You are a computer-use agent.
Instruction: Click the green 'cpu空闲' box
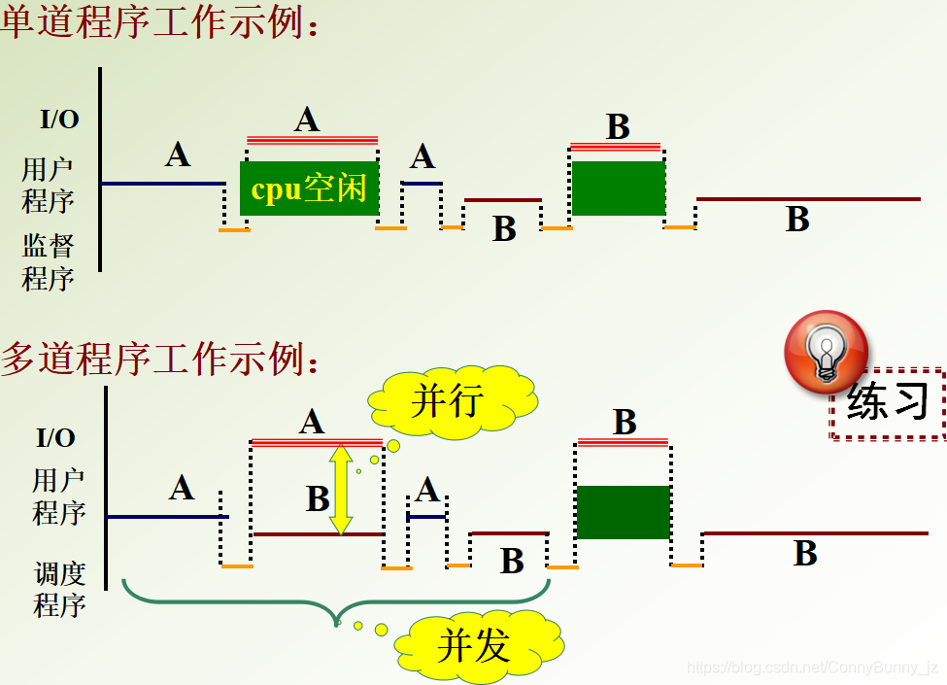pyautogui.click(x=309, y=188)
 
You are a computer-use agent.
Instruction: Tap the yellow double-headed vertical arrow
pyautogui.click(x=340, y=490)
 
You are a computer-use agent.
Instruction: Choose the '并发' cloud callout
pyautogui.click(x=475, y=644)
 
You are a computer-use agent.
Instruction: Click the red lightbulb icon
pyautogui.click(x=826, y=351)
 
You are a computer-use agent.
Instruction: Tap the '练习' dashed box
pyautogui.click(x=888, y=402)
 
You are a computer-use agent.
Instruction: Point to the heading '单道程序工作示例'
pyautogui.click(x=161, y=23)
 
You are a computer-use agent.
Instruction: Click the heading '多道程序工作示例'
pyautogui.click(x=161, y=360)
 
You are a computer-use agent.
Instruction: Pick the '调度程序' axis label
pyautogui.click(x=59, y=590)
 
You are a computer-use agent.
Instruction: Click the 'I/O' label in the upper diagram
pyautogui.click(x=59, y=120)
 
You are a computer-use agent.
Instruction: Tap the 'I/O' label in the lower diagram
pyautogui.click(x=55, y=437)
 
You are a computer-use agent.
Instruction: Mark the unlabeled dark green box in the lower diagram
pyautogui.click(x=623, y=512)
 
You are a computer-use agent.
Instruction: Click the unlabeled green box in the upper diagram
pyautogui.click(x=618, y=188)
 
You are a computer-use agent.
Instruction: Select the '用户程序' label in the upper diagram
pyautogui.click(x=49, y=186)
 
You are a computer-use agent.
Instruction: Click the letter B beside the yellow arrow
pyautogui.click(x=318, y=498)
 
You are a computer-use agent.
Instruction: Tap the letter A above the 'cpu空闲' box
pyautogui.click(x=307, y=120)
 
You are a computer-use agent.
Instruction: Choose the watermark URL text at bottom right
pyautogui.click(x=812, y=668)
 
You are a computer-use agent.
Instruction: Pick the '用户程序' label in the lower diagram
pyautogui.click(x=59, y=497)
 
